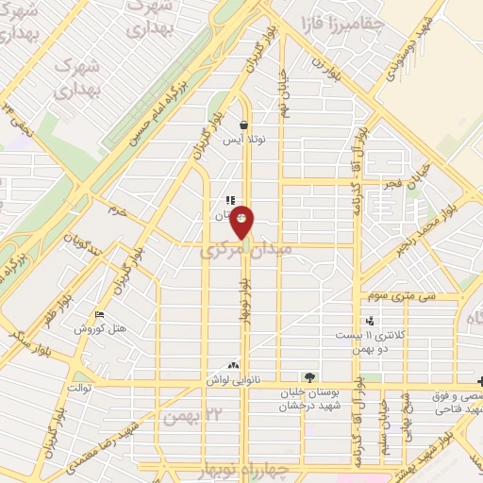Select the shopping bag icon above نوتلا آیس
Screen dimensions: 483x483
tap(244, 125)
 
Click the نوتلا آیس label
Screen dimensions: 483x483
tap(244, 140)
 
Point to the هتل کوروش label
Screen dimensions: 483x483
tap(94, 328)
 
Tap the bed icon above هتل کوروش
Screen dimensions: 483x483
tap(100, 315)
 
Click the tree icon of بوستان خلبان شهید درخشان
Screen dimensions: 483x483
tap(310, 377)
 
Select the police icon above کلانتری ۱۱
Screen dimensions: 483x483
tap(369, 321)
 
